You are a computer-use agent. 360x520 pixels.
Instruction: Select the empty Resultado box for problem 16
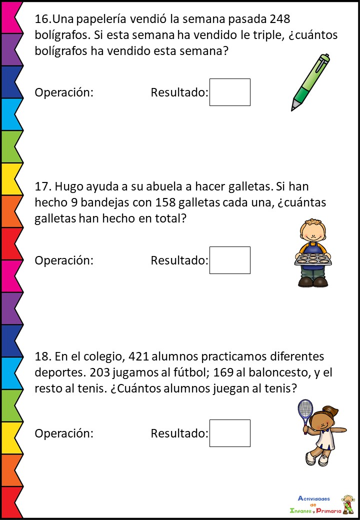coord(229,92)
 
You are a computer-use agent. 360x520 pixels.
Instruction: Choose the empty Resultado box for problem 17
coord(229,260)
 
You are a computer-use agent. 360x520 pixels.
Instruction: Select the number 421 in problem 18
coord(138,357)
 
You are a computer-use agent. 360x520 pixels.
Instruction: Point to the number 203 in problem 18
coord(88,373)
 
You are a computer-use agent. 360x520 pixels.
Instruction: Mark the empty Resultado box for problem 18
coord(229,433)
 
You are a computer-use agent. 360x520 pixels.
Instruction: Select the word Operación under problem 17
coord(64,260)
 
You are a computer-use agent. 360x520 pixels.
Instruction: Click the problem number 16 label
coord(42,19)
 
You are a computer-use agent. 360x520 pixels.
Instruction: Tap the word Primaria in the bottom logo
coord(328,510)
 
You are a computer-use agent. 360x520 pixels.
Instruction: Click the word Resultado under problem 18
coord(179,433)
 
